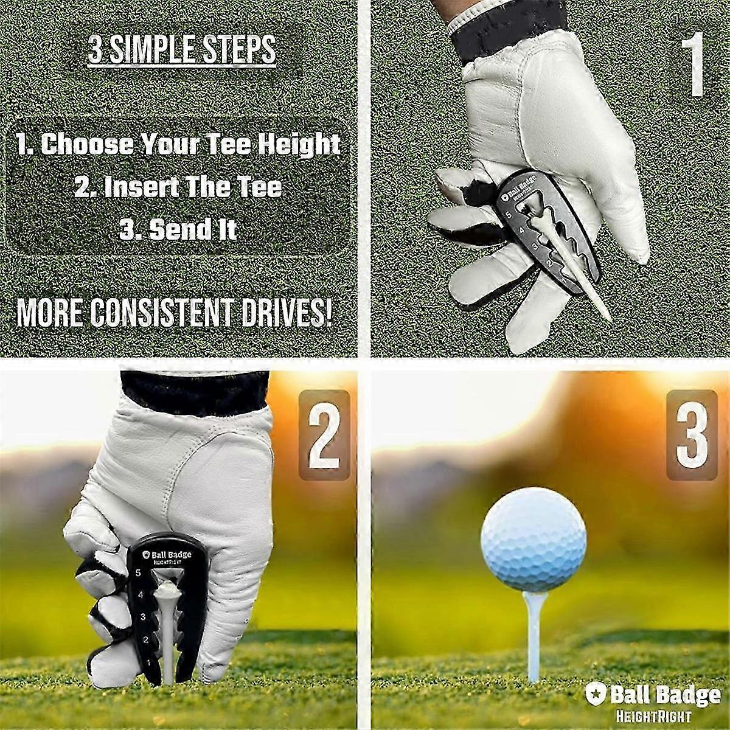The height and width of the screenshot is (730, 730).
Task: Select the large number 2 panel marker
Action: click(324, 434)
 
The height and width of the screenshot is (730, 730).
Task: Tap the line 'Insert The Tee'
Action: click(178, 187)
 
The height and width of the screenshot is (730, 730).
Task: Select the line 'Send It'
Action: click(178, 229)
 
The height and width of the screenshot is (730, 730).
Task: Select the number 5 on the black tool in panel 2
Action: click(138, 563)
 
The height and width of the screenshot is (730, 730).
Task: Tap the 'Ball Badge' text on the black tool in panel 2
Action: click(171, 555)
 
